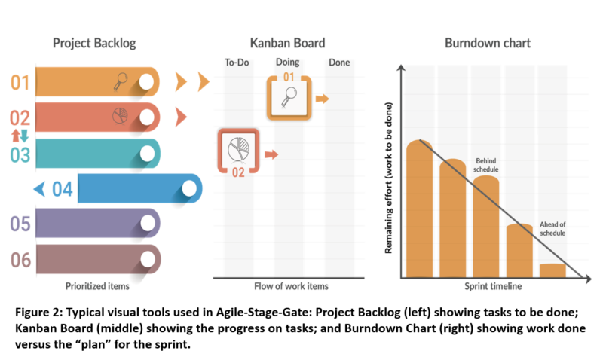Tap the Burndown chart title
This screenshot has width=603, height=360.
click(487, 44)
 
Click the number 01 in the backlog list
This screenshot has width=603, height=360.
click(20, 82)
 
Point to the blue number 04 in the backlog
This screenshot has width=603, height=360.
click(62, 188)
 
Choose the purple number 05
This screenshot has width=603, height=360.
click(20, 224)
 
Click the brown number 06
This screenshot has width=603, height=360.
click(20, 260)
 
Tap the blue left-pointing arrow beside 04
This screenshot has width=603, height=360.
click(38, 188)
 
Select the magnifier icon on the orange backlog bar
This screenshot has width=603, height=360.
click(121, 81)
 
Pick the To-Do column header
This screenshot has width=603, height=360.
click(237, 63)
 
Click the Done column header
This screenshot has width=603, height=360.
click(339, 63)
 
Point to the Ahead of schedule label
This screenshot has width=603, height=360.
click(552, 229)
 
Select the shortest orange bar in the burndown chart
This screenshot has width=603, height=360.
click(552, 270)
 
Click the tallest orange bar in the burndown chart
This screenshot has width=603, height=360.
click(420, 209)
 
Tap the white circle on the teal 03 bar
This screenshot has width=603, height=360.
click(147, 153)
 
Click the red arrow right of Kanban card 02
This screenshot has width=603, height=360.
click(271, 154)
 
